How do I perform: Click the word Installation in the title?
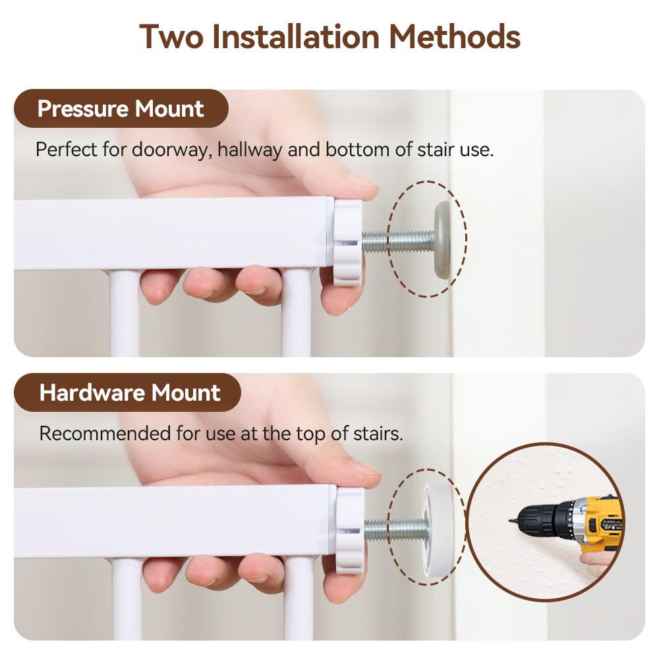click(x=296, y=36)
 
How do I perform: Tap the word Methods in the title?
click(x=455, y=36)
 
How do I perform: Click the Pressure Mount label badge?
click(x=121, y=109)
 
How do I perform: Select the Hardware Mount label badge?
click(x=127, y=392)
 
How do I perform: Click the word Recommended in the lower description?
click(x=105, y=434)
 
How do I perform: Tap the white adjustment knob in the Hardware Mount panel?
click(x=350, y=530)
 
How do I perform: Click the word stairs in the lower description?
click(x=378, y=434)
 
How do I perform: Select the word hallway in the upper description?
click(x=250, y=150)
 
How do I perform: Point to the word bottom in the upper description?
click(x=357, y=150)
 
